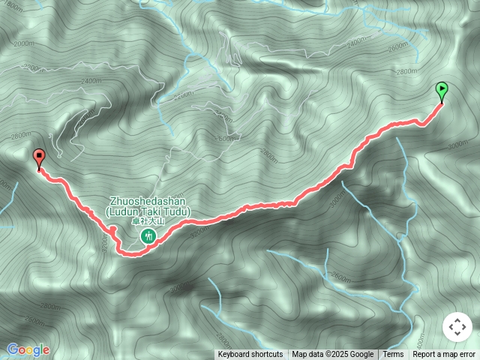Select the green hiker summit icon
[148, 237]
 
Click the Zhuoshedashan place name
[148, 202]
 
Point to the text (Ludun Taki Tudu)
[148, 211]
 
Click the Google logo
[28, 349]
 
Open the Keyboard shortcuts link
[250, 355]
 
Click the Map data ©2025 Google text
[332, 355]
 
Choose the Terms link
[393, 355]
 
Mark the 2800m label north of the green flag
[406, 71]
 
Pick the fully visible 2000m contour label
[25, 43]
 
